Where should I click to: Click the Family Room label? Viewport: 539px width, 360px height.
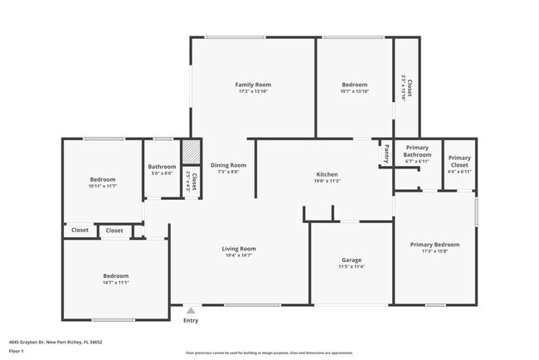pyautogui.click(x=253, y=85)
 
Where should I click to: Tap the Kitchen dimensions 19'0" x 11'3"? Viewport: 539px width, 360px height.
pyautogui.click(x=327, y=181)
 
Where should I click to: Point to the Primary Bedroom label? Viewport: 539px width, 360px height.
pyautogui.click(x=435, y=245)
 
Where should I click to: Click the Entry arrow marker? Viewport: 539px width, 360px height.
pyautogui.click(x=192, y=311)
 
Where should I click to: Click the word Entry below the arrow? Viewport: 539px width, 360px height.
pyautogui.click(x=191, y=320)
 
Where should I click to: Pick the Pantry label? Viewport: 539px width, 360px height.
pyautogui.click(x=386, y=153)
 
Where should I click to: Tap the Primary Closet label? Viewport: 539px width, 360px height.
pyautogui.click(x=459, y=161)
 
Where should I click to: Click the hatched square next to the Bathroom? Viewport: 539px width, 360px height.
pyautogui.click(x=191, y=153)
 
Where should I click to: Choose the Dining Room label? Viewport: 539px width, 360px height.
pyautogui.click(x=228, y=165)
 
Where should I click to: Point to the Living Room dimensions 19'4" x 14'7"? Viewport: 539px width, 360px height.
pyautogui.click(x=238, y=255)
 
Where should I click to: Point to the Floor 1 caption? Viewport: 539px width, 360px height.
pyautogui.click(x=17, y=351)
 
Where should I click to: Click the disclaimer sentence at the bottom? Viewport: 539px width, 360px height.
pyautogui.click(x=269, y=352)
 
